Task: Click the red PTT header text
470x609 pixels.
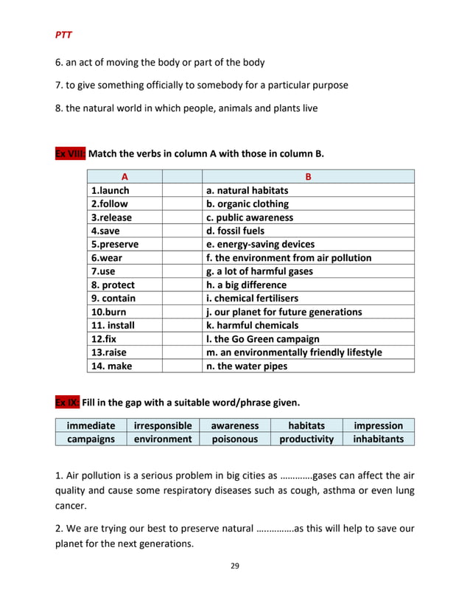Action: (x=63, y=34)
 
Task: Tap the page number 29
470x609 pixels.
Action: (x=235, y=566)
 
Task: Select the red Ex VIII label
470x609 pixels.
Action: (x=71, y=154)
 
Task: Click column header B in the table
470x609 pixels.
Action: (x=308, y=177)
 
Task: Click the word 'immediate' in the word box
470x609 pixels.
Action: (x=91, y=425)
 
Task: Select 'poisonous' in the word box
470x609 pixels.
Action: (x=234, y=439)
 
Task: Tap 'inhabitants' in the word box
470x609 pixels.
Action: (x=379, y=439)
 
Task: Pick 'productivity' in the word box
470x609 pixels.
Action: (x=306, y=439)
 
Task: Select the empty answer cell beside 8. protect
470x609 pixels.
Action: (x=182, y=285)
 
